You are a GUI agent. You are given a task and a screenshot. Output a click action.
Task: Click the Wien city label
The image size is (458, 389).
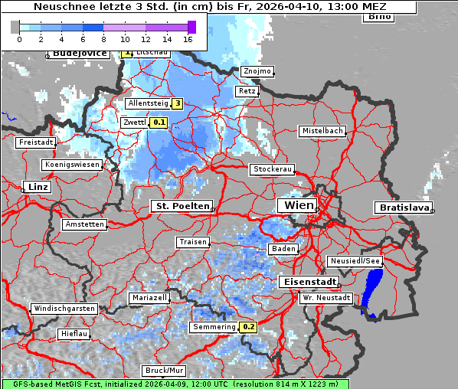299,205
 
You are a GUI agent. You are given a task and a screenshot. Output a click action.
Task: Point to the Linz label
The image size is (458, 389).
37,187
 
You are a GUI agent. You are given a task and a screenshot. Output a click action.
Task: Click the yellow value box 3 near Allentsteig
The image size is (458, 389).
177,103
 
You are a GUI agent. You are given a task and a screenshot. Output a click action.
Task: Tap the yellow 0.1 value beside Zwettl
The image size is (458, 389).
159,122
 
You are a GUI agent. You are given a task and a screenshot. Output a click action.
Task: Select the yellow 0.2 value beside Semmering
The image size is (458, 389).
248,327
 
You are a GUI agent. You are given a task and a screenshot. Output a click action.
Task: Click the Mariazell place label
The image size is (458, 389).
149,297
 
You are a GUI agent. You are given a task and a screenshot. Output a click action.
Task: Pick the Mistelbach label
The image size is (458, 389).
322,131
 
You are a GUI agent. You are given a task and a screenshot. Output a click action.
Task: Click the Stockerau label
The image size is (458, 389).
272,169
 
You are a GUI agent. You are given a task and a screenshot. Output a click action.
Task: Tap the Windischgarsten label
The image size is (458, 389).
64,309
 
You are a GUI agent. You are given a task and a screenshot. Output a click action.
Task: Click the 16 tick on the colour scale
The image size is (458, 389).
188,38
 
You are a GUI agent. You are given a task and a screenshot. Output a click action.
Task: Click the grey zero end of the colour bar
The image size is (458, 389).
15,27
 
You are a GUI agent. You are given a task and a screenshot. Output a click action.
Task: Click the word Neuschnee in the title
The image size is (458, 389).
61,7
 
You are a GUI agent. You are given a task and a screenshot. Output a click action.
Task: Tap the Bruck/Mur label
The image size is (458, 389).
164,371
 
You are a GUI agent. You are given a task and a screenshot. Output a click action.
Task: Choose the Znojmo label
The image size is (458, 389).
257,71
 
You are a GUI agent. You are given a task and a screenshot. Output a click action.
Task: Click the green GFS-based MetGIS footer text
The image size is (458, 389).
175,384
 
